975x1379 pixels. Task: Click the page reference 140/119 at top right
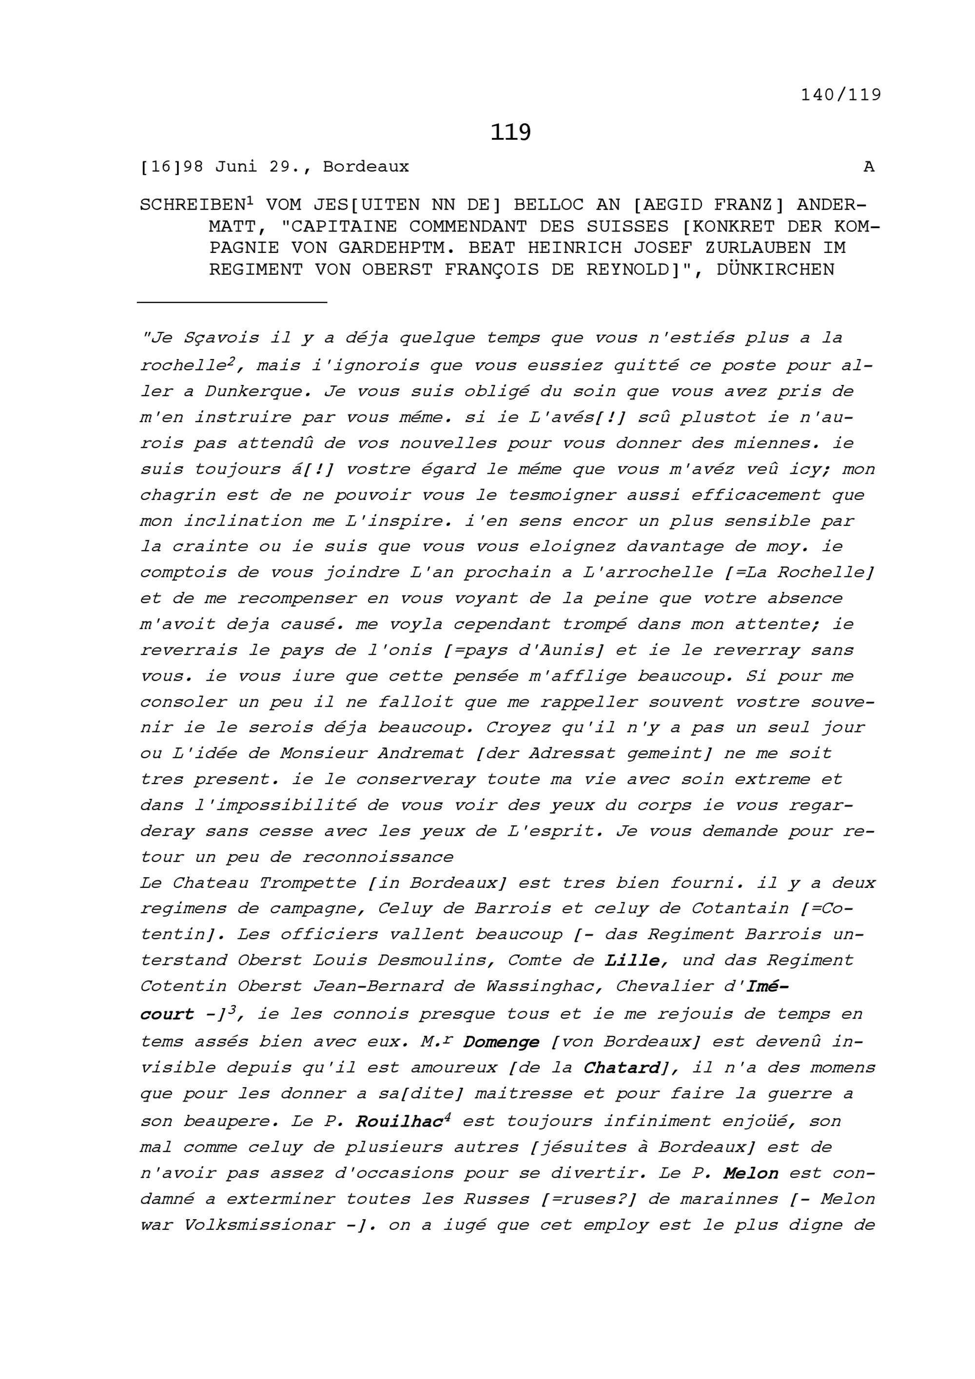[x=840, y=95]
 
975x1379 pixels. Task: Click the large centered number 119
[x=510, y=132]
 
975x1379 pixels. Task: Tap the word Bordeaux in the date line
[x=366, y=167]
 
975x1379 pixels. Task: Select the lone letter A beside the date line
[x=869, y=167]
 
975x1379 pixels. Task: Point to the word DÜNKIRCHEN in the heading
[x=776, y=269]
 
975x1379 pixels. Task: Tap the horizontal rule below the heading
[x=232, y=302]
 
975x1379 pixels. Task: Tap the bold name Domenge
[x=501, y=1042]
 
